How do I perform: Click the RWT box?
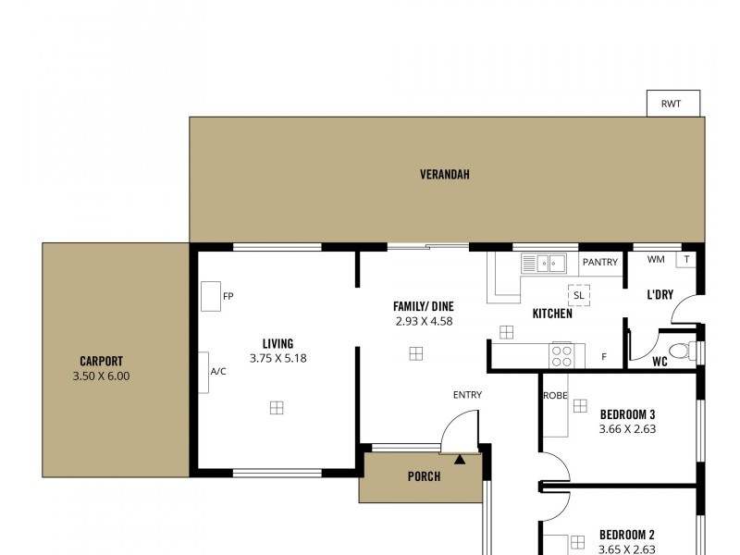672,104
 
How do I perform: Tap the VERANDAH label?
445,174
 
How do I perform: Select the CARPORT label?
102,362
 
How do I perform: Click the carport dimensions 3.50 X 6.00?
102,376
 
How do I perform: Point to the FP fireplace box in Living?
211,296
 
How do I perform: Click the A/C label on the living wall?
218,372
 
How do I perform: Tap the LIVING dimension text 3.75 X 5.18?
277,358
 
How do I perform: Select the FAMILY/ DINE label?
423,306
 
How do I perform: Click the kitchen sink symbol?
544,264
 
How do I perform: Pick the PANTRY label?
599,263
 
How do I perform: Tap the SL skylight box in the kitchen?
579,295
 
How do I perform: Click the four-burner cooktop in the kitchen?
562,355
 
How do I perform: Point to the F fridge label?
604,356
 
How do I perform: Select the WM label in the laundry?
656,260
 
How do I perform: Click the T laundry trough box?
685,260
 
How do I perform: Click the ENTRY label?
467,395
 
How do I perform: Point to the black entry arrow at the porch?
460,457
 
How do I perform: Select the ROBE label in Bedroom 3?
555,395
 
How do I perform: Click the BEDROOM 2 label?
627,535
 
